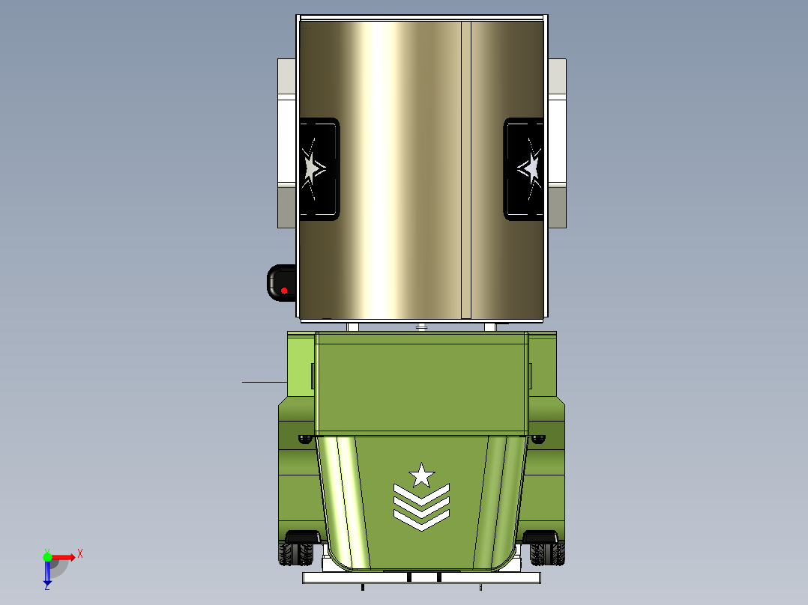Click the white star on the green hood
pos(421,475)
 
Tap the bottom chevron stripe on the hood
pos(421,519)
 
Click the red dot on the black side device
pos(284,291)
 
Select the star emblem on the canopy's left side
pos(312,168)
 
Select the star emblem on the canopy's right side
pos(530,168)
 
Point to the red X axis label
pos(80,554)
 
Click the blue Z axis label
pos(46,587)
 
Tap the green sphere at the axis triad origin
pos(47,556)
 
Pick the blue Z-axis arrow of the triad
pos(47,573)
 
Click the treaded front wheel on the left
pos(296,554)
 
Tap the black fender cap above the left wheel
pos(303,536)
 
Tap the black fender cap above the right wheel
pos(541,536)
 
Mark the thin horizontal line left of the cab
pos(264,382)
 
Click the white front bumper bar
pos(420,577)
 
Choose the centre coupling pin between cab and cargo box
pos(421,326)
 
